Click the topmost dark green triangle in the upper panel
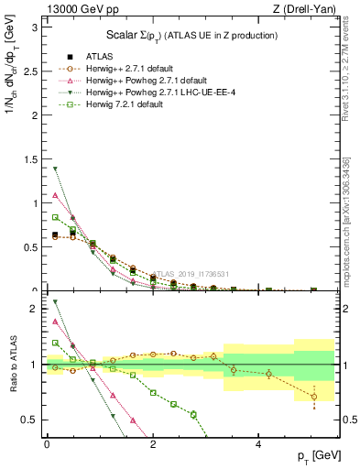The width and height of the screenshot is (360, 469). point(55,169)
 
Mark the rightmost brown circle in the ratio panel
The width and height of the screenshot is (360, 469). point(313,397)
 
